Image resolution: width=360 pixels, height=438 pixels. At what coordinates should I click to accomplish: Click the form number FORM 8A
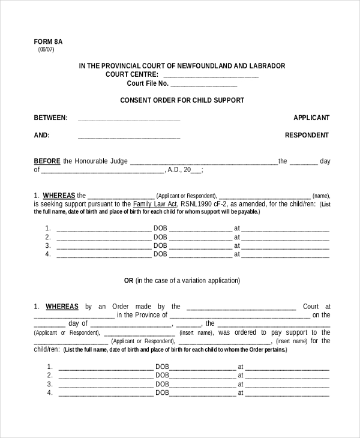point(48,41)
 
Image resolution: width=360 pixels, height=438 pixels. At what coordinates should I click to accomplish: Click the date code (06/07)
point(46,50)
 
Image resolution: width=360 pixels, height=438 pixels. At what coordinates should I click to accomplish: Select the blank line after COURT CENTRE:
point(211,75)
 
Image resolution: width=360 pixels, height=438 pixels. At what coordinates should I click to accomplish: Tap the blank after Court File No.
point(203,84)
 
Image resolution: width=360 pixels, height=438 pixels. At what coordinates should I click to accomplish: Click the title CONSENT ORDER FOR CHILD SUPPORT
point(182,100)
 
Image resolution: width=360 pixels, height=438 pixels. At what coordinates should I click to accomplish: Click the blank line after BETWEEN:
point(129,118)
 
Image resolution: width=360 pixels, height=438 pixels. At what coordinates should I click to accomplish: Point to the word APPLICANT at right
point(311,118)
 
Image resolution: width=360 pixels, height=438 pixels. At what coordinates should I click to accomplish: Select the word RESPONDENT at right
point(307,135)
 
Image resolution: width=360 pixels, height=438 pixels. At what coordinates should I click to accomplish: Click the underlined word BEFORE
point(47,161)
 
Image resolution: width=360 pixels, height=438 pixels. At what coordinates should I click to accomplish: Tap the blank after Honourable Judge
point(203,161)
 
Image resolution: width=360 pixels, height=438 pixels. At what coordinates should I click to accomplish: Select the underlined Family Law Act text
point(153,204)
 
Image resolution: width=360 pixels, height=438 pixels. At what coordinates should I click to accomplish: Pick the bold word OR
point(128,280)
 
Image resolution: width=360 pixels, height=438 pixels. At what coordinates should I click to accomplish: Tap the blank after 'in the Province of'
point(240,315)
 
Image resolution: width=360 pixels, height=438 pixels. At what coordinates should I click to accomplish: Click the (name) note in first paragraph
point(321,196)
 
